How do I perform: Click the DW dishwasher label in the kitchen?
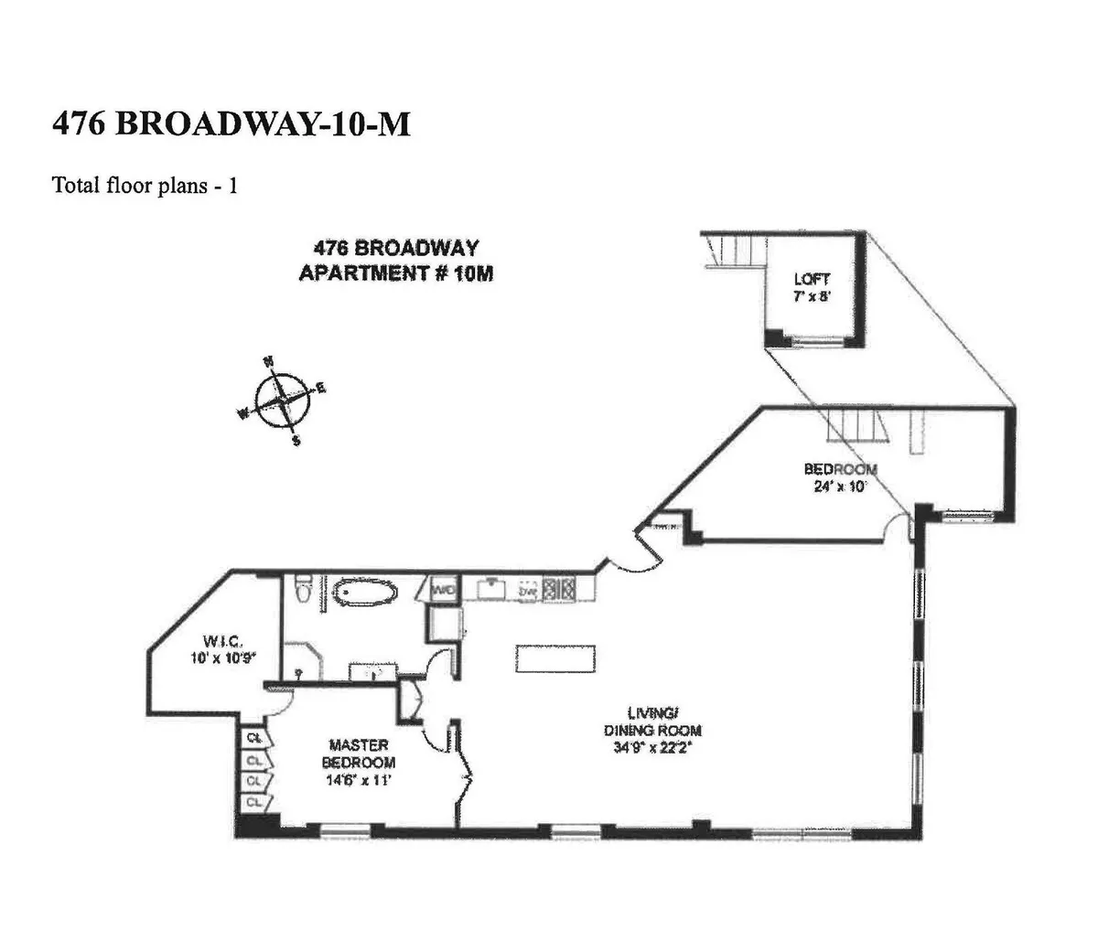click(527, 592)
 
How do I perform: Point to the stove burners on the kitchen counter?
click(556, 590)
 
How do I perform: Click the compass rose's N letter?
click(269, 361)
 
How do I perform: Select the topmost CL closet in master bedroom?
click(253, 737)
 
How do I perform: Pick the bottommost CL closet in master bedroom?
click(253, 802)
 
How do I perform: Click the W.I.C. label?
click(220, 640)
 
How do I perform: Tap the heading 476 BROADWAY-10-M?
click(231, 123)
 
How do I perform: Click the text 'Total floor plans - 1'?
click(145, 186)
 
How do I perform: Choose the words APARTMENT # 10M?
click(395, 273)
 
